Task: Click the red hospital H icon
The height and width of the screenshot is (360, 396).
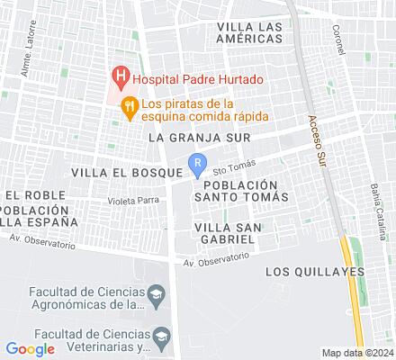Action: click(x=118, y=77)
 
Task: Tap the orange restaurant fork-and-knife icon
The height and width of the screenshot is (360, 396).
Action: click(x=130, y=104)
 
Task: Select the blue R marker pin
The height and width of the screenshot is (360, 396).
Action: click(x=197, y=162)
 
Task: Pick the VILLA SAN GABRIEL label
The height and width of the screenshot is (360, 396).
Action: click(x=230, y=234)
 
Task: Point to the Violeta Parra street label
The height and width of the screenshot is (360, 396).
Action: click(x=133, y=200)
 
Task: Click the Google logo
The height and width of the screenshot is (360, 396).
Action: click(x=30, y=348)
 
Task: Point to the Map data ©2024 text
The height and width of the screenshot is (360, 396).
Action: click(x=358, y=352)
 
